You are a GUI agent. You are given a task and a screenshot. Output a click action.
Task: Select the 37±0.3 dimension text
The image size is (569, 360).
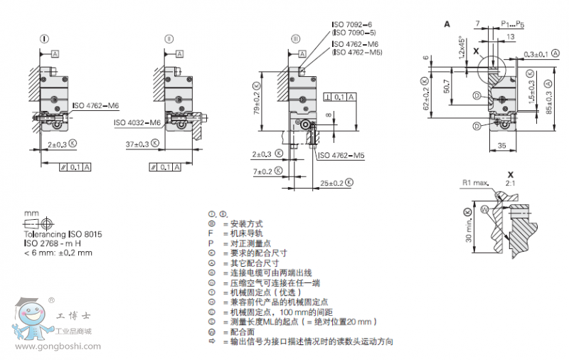click(x=137, y=144)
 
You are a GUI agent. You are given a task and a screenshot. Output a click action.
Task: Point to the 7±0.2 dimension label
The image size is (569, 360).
click(x=262, y=171)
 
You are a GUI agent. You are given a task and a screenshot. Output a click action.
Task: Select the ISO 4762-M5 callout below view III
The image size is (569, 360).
click(x=340, y=155)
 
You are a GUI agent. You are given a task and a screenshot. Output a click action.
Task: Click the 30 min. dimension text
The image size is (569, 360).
click(x=467, y=227)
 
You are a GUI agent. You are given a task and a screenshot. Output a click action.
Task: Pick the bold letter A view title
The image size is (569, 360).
click(x=447, y=23)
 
